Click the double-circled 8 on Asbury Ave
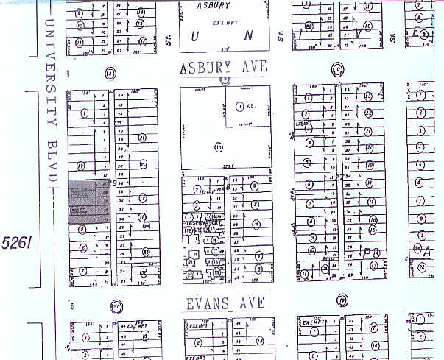(110, 72)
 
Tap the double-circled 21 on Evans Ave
(115, 306)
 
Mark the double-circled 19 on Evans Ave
(342, 300)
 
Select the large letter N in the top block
(248, 35)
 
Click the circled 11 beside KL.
(239, 107)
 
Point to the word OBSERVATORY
(199, 223)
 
